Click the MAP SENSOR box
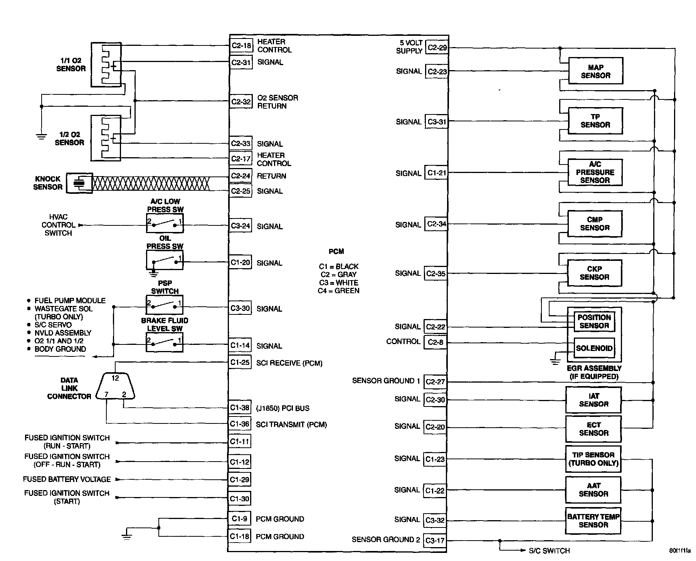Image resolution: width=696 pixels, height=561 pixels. click(595, 71)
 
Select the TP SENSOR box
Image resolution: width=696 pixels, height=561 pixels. click(595, 121)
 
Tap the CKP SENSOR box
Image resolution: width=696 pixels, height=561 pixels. click(595, 273)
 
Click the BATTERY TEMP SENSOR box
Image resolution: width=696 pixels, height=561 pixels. click(593, 521)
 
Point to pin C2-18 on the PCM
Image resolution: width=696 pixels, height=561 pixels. click(241, 46)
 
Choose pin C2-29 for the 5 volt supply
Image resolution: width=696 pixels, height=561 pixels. click(437, 48)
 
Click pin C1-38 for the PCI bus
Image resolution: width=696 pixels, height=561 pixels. click(240, 408)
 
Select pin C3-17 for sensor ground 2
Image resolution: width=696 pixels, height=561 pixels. click(435, 540)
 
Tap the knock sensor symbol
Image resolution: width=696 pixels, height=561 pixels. click(79, 183)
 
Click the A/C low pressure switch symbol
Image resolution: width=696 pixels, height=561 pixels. click(165, 223)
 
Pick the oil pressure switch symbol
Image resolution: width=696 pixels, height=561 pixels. click(165, 260)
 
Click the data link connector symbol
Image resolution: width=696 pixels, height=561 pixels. click(116, 386)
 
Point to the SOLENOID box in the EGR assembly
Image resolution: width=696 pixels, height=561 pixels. click(594, 348)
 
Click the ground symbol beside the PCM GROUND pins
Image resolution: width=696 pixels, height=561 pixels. click(127, 535)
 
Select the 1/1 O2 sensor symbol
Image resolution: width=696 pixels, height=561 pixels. click(106, 65)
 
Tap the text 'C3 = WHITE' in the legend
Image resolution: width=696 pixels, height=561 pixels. click(338, 283)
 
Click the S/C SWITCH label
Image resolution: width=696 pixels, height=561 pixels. click(549, 551)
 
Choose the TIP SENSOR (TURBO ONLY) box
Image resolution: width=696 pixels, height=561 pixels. click(593, 459)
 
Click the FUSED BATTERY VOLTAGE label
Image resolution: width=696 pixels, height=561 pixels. click(67, 479)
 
